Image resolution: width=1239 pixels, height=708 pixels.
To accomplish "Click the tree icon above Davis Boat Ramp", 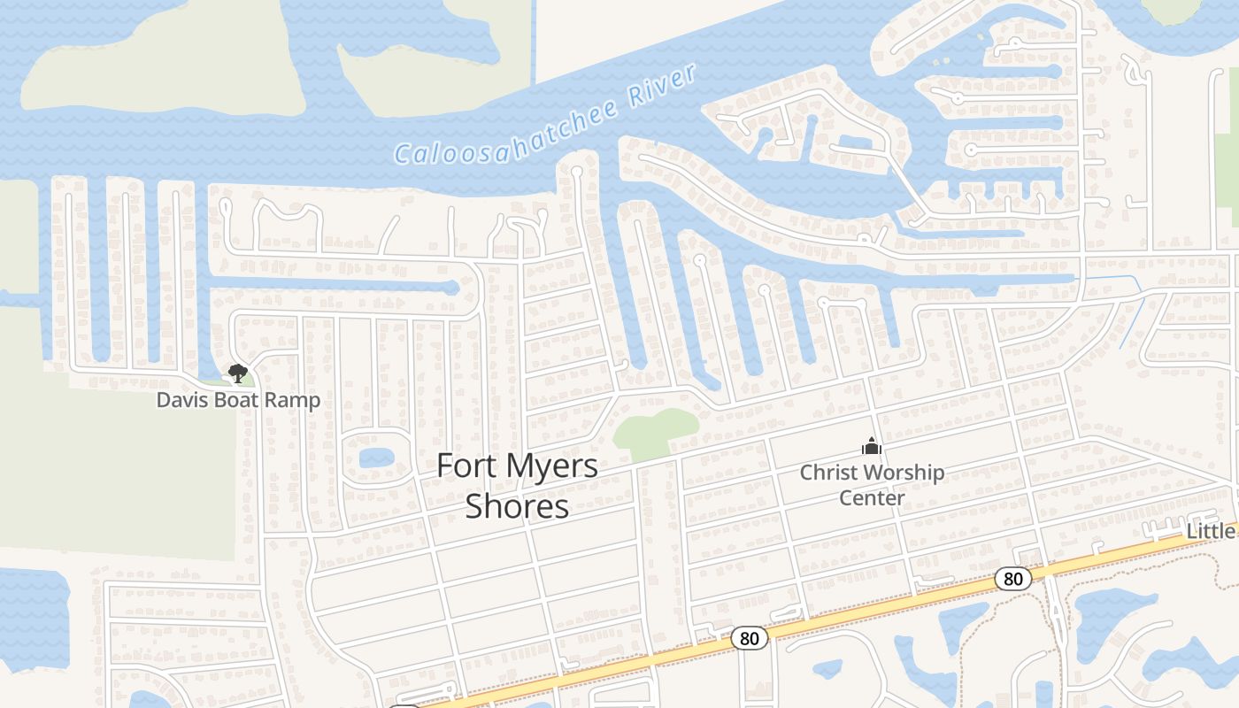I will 237,373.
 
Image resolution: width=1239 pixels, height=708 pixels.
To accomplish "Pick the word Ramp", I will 296,400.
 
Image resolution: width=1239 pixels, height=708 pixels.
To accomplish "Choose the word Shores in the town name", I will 517,507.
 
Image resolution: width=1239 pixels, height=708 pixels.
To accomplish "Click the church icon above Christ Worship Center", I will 872,447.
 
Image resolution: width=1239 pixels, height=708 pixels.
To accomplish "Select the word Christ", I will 828,473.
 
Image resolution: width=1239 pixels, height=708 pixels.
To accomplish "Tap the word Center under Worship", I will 872,497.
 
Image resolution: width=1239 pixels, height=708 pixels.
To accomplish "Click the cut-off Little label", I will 1211,531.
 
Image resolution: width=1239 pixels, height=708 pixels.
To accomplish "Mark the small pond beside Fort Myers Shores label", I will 377,458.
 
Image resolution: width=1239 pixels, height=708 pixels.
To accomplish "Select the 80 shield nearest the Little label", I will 1013,580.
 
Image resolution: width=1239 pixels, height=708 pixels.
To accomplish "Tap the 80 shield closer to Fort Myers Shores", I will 750,637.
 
